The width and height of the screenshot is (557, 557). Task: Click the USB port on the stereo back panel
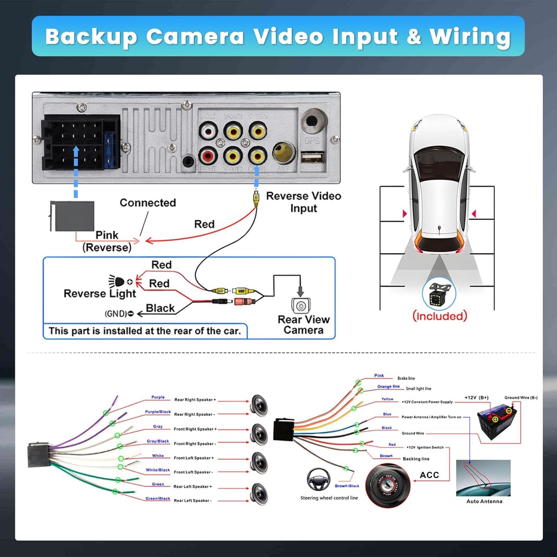click(x=312, y=157)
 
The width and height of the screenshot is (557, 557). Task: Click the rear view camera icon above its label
click(x=301, y=306)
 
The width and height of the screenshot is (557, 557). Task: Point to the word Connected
click(x=148, y=203)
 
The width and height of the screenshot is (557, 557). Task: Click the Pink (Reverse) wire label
click(x=107, y=241)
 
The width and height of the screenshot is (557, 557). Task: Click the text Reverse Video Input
click(x=303, y=202)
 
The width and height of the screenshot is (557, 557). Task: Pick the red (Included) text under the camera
click(x=440, y=316)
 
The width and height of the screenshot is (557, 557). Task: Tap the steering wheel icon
click(x=318, y=479)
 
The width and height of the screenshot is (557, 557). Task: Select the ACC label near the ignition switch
click(x=429, y=475)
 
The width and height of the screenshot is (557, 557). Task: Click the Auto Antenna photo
click(x=483, y=478)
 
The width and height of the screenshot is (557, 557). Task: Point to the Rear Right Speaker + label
click(x=195, y=400)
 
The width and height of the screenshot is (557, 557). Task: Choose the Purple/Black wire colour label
click(x=158, y=412)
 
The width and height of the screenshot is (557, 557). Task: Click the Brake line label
click(x=406, y=379)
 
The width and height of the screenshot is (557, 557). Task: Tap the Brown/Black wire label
click(x=347, y=486)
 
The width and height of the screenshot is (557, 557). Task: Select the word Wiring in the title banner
click(x=470, y=37)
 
